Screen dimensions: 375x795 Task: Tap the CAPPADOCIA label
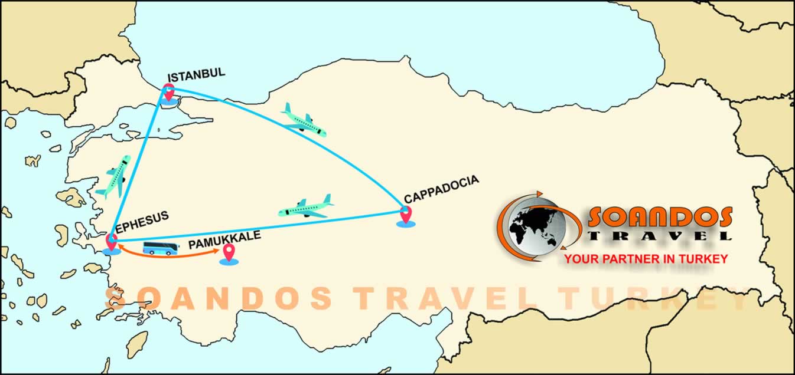coord(441,189)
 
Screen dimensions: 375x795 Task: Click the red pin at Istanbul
coord(169,93)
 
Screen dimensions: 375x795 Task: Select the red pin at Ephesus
coord(111,241)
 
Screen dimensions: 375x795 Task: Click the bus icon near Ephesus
coord(160,248)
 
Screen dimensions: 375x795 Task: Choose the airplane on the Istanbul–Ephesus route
coord(115,177)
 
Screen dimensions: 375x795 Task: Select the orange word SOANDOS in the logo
coord(660,218)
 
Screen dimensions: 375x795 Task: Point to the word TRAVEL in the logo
coord(660,236)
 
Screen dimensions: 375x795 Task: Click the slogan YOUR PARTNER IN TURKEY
coord(646,259)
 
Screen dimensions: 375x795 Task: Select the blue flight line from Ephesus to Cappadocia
coord(248,228)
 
